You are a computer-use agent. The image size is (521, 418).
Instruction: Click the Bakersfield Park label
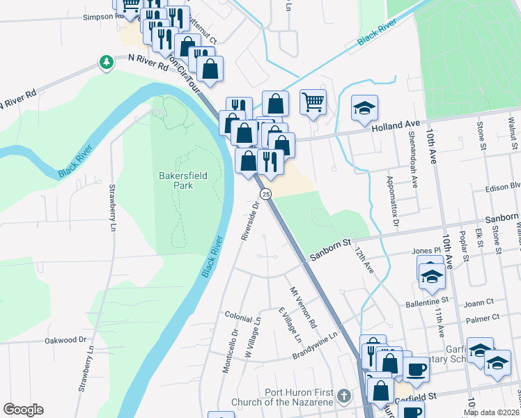tap(175, 181)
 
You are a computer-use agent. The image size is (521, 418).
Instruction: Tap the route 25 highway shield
tap(265, 193)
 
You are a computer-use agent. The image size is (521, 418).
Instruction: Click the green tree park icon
tap(106, 63)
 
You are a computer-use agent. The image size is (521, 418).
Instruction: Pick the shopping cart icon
tap(313, 102)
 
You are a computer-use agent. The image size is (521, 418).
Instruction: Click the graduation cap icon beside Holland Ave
tap(364, 108)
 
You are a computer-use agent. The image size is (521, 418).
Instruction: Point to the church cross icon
tap(342, 396)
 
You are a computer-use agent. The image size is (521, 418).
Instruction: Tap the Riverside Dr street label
tap(250, 221)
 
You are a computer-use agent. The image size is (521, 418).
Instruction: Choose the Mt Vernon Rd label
tap(303, 306)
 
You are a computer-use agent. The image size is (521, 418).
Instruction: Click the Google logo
tap(23, 410)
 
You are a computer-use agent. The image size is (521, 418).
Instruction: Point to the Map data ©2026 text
tap(491, 412)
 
